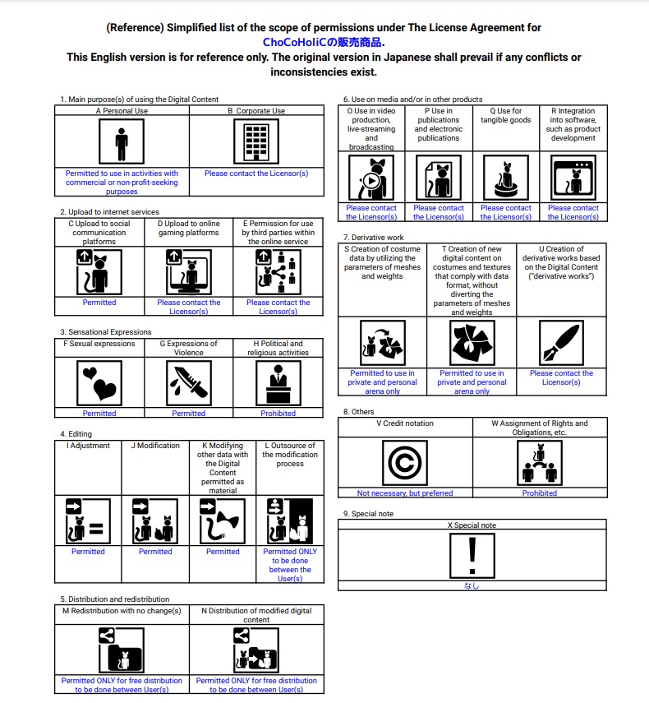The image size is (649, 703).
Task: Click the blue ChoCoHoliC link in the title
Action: click(x=324, y=42)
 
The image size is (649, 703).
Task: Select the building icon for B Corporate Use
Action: click(x=256, y=142)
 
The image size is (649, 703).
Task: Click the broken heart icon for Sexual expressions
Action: click(x=99, y=381)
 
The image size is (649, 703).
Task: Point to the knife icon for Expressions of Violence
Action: click(x=188, y=381)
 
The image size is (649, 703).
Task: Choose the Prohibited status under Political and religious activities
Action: click(x=278, y=413)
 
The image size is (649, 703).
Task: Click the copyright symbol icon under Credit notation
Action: click(x=405, y=463)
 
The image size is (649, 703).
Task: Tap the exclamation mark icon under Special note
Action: click(x=472, y=555)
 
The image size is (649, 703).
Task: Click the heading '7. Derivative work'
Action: click(x=374, y=238)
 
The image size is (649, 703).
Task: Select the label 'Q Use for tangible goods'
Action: click(x=505, y=115)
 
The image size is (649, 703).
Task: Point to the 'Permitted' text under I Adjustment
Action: click(x=88, y=552)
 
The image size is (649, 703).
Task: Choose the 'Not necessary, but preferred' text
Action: click(x=405, y=493)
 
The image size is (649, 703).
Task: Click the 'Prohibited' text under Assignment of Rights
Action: click(x=539, y=493)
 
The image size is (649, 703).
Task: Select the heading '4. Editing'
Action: click(x=76, y=434)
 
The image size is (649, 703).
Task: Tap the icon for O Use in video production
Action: click(x=371, y=176)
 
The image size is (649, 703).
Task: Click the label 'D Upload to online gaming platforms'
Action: click(x=188, y=228)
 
